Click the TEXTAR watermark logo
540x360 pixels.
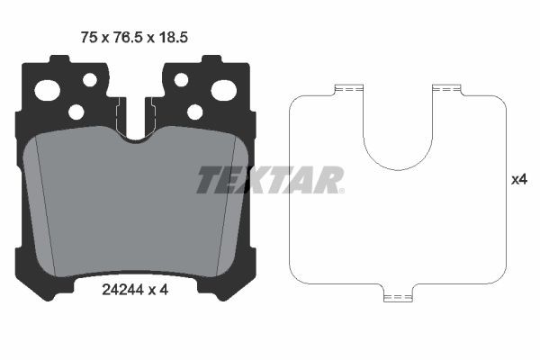tap(270, 180)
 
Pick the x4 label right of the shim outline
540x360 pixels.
tap(518, 180)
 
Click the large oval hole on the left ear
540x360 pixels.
tap(47, 90)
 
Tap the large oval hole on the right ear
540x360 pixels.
tap(223, 90)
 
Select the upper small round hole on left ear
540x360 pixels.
tap(90, 80)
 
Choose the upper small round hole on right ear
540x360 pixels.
tap(181, 80)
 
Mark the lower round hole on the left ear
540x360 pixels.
tap(76, 112)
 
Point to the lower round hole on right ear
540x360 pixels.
tap(194, 112)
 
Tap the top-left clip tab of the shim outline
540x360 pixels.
tap(346, 89)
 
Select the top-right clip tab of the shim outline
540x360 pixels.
tap(445, 89)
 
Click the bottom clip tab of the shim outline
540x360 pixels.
tap(396, 296)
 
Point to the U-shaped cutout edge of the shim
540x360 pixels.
tap(396, 167)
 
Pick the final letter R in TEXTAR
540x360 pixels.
tap(330, 180)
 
